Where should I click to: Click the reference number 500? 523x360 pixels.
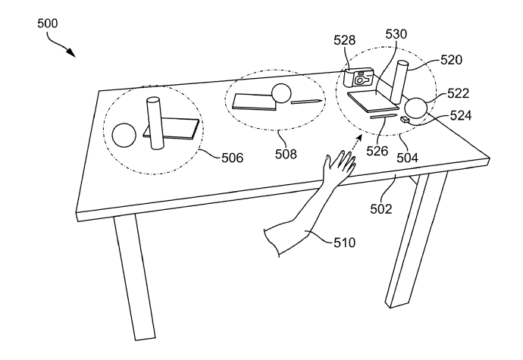point(47,23)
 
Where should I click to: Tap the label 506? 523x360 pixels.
point(233,158)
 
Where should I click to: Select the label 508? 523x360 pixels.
point(286,154)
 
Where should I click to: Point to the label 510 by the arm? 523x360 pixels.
point(345,243)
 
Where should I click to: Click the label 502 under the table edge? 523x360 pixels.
point(381,209)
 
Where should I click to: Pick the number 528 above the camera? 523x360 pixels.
point(345,40)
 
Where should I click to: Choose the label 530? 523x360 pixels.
point(396,34)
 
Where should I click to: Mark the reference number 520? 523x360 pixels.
point(451,60)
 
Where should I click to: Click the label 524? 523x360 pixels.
point(461,115)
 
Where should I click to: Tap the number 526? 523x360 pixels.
point(377,151)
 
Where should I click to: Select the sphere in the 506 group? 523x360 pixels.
point(124,135)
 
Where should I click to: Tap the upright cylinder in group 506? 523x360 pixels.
point(155,123)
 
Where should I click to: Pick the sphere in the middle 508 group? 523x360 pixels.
point(281,92)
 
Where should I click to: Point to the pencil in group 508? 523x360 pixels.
point(307,101)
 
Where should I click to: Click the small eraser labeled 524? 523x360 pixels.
point(405,120)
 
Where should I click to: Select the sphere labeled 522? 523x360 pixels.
point(415,108)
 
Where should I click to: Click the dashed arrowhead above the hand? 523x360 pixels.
point(359,138)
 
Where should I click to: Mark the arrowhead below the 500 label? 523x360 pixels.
point(70,52)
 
